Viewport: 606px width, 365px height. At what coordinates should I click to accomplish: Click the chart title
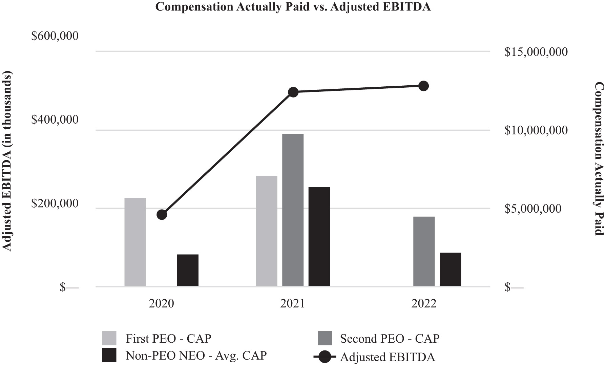pyautogui.click(x=293, y=7)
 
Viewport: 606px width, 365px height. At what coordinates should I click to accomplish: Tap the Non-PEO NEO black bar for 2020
pyautogui.click(x=188, y=270)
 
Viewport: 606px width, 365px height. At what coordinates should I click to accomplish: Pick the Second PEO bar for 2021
pyautogui.click(x=293, y=210)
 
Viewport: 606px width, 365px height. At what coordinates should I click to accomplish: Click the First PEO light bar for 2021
pyautogui.click(x=267, y=231)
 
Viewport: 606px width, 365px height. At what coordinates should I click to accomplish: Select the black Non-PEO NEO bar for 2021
pyautogui.click(x=319, y=236)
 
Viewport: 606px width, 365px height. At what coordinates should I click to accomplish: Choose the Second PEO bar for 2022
pyautogui.click(x=424, y=251)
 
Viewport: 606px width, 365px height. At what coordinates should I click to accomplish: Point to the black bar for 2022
pyautogui.click(x=450, y=269)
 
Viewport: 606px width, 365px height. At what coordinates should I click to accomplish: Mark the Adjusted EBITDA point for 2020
pyautogui.click(x=162, y=215)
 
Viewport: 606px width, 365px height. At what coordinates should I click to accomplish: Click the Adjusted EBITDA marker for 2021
pyautogui.click(x=293, y=92)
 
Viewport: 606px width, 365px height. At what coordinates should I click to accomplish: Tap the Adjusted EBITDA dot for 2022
pyautogui.click(x=423, y=86)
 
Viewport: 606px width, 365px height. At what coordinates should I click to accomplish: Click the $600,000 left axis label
pyautogui.click(x=55, y=36)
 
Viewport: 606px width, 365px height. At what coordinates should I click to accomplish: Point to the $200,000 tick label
pyautogui.click(x=55, y=203)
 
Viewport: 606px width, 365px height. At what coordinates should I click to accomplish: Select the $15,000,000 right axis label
pyautogui.click(x=536, y=52)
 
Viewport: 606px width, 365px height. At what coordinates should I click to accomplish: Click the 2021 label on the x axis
pyautogui.click(x=293, y=303)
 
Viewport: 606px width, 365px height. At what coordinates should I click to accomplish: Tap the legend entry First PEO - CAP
pyautogui.click(x=168, y=338)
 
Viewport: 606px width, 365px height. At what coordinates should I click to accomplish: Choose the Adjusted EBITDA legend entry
pyautogui.click(x=388, y=357)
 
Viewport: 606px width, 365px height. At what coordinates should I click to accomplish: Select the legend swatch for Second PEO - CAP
pyautogui.click(x=325, y=338)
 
